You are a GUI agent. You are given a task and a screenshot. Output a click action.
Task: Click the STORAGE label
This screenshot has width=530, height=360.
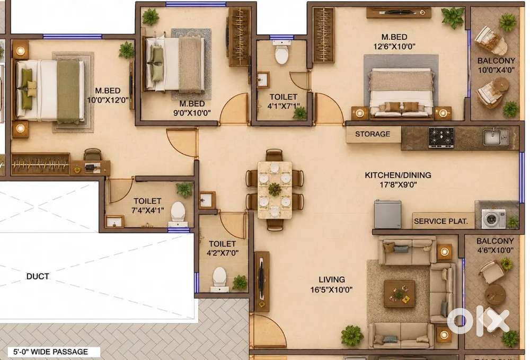point(373,134)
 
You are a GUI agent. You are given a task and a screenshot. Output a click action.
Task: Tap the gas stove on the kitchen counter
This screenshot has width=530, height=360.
point(441,137)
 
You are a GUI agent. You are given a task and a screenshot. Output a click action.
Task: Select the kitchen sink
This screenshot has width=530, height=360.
point(496,137)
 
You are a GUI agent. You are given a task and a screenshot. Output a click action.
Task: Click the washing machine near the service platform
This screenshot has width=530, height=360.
point(493,219)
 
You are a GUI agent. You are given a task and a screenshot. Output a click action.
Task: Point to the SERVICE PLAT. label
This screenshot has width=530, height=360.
point(441,222)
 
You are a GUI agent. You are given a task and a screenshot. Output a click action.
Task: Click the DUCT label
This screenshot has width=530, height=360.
point(38,277)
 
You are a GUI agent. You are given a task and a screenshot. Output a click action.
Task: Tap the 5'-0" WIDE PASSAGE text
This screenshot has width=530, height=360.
point(50,352)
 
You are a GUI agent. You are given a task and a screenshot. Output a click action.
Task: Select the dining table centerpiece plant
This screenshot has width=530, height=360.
point(275,189)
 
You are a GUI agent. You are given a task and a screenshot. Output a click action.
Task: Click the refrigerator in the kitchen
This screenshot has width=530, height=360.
point(387,214)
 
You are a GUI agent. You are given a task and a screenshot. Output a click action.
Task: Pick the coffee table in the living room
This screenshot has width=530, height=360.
point(400,294)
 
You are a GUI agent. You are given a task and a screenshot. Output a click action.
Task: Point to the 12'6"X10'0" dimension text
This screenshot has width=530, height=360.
point(394,46)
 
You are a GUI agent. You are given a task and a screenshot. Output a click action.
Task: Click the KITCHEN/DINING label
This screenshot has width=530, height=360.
point(398,175)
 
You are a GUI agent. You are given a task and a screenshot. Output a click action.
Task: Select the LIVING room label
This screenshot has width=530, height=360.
point(332,279)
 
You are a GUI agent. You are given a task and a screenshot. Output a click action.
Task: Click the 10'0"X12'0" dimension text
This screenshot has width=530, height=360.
point(108,100)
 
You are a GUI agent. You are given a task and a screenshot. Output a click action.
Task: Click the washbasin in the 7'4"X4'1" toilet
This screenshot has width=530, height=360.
point(114,222)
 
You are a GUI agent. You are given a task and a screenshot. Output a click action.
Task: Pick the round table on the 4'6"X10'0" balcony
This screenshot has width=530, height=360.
point(495,294)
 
